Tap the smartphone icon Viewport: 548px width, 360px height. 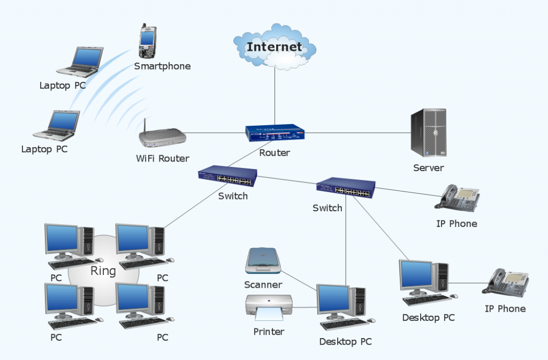coord(147,41)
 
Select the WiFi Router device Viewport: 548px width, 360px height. coord(163,137)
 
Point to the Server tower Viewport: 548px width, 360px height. coord(428,133)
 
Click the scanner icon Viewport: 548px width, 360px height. coord(264,261)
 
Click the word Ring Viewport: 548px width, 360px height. coord(103,271)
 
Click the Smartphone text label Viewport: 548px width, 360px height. coord(162,66)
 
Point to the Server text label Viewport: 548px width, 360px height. coord(428,168)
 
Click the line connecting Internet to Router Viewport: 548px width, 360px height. coord(275,96)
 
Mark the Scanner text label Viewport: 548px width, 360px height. coord(263,285)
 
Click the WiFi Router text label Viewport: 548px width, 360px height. coord(162,158)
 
